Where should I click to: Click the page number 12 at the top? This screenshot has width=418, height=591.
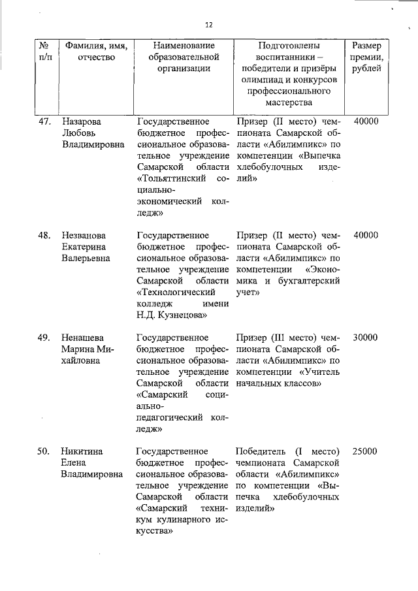tap(208, 24)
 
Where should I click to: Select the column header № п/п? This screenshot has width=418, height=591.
tap(45, 52)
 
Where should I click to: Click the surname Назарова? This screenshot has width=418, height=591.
tap(82, 121)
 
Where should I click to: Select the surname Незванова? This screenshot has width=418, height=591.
tap(85, 235)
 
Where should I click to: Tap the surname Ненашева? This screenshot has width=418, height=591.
tap(83, 338)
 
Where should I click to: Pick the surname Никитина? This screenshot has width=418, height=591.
tap(83, 451)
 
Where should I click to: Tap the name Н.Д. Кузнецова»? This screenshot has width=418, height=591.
tap(172, 315)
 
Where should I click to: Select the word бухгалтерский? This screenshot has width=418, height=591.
tap(310, 281)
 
